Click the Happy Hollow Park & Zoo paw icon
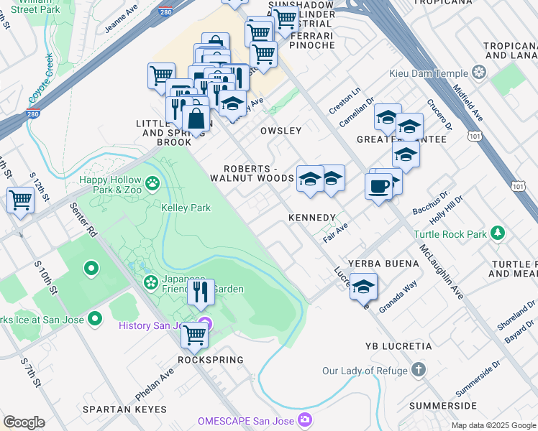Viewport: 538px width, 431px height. click(152, 184)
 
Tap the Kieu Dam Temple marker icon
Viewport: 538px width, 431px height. click(479, 73)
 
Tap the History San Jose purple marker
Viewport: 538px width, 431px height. click(205, 325)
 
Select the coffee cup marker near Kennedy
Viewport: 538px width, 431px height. click(378, 187)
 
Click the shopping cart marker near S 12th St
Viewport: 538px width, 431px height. click(21, 200)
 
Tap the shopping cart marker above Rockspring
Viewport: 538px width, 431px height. click(194, 334)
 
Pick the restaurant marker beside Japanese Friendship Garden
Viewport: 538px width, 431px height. click(201, 292)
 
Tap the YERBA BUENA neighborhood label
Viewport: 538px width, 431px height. click(383, 264)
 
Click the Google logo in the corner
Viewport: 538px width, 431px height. click(24, 422)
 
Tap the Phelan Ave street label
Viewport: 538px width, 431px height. click(155, 386)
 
